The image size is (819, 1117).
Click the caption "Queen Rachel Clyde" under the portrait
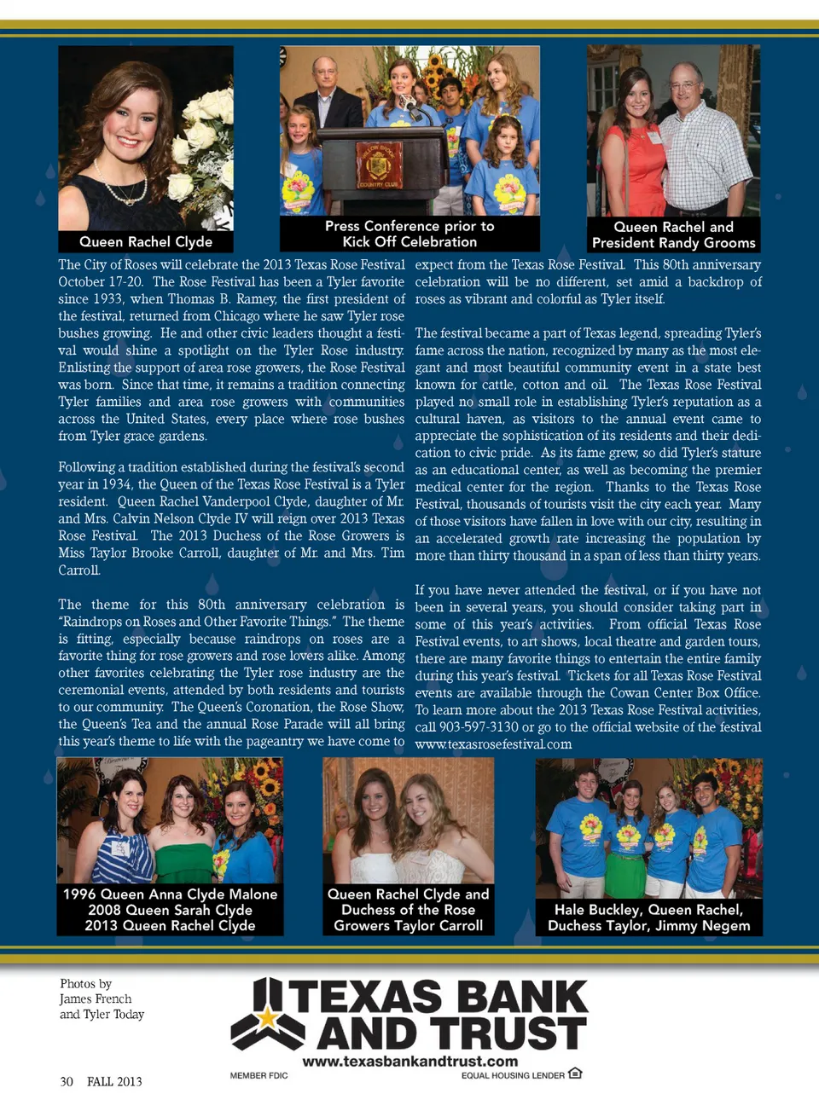[146, 242]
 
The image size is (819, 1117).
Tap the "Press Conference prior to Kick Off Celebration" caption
[409, 234]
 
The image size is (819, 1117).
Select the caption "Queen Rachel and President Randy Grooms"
[674, 234]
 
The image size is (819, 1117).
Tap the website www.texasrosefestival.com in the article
[493, 744]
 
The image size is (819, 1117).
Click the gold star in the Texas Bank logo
[268, 1016]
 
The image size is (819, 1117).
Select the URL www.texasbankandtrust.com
[410, 1062]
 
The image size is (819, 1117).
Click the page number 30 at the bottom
[67, 1082]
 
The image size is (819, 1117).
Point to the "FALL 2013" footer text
[114, 1082]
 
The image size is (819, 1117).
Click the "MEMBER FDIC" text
[258, 1076]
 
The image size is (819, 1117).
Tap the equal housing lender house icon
[575, 1074]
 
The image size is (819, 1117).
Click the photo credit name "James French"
[96, 999]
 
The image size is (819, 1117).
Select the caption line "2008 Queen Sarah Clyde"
[170, 910]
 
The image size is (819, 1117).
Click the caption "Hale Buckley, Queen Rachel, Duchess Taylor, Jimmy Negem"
[648, 917]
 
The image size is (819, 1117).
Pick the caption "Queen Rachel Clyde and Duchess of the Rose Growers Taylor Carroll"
[409, 910]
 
